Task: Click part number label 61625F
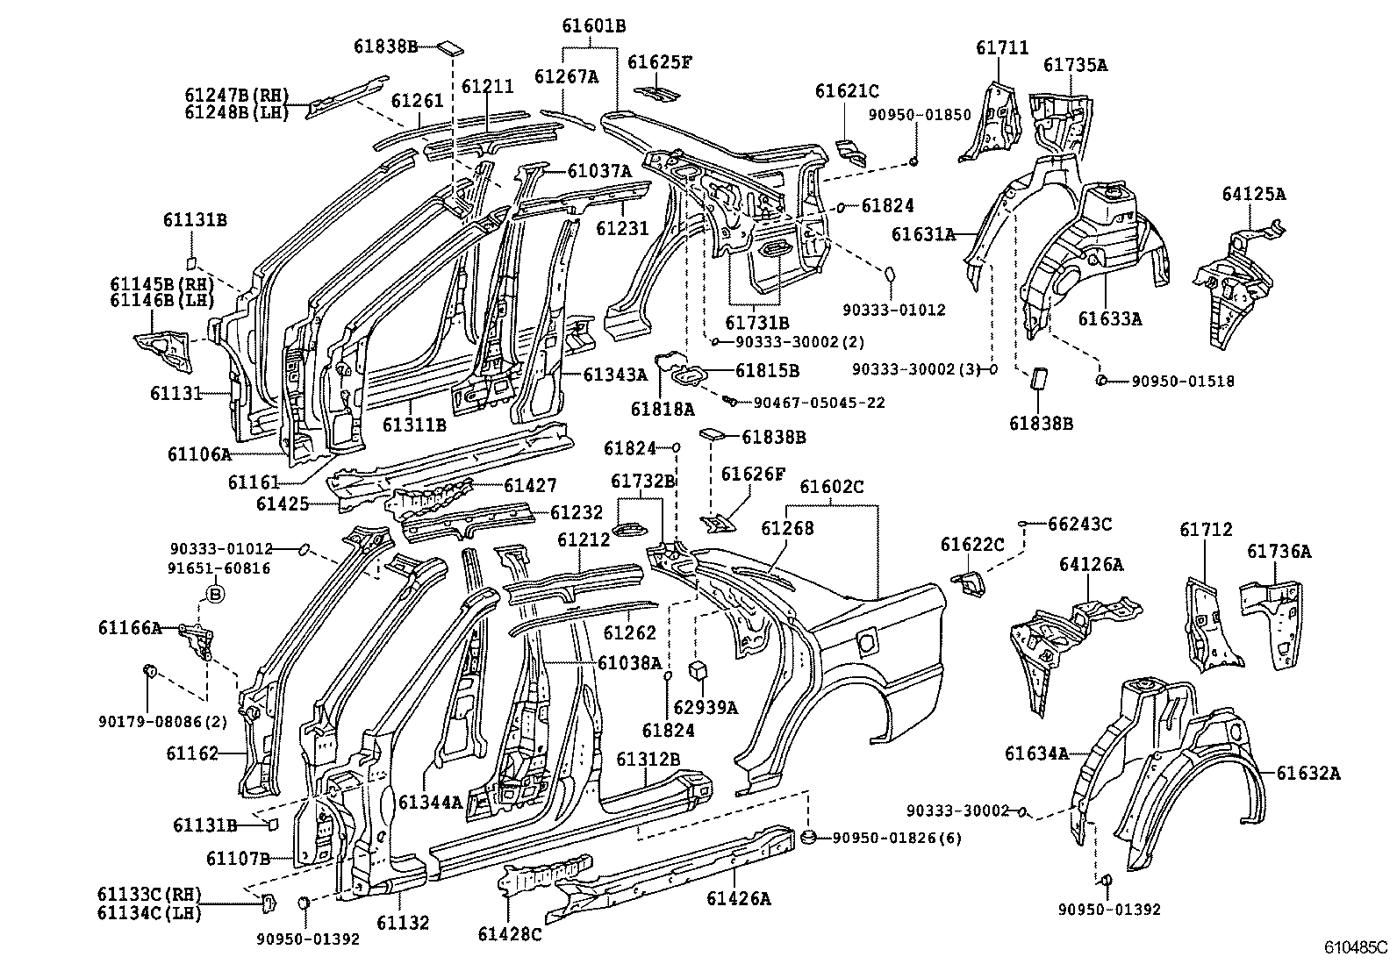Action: tap(660, 61)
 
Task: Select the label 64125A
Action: tap(1252, 195)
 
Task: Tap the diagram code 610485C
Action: tap(1357, 947)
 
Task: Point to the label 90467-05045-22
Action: tap(819, 403)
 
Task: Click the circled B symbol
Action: tap(214, 595)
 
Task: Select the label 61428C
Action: tap(510, 934)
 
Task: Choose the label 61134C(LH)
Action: tap(149, 913)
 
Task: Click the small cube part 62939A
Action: tap(698, 671)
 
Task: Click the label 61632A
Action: tap(1308, 773)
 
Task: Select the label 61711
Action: tap(1001, 48)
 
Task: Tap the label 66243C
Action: tap(1079, 524)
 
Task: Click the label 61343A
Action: tap(614, 375)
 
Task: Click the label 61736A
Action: tap(1279, 551)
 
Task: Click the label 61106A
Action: tap(199, 453)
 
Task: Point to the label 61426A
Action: tap(738, 897)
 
